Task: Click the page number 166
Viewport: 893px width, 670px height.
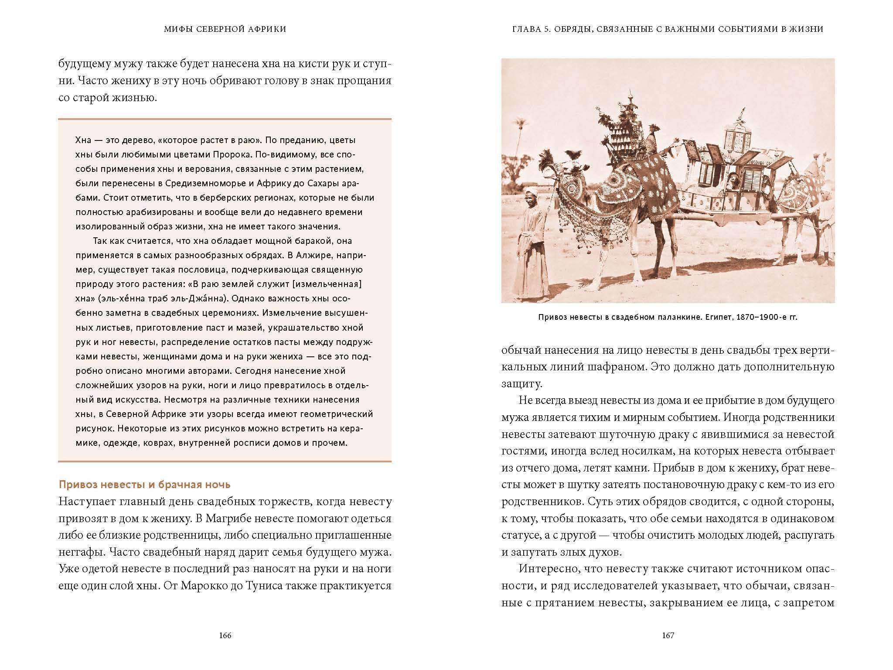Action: (x=225, y=636)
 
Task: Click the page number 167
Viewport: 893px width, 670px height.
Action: (x=668, y=636)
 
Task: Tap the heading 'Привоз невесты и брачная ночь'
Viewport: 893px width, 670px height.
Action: (x=144, y=485)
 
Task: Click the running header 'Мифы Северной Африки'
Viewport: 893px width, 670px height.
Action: (x=225, y=29)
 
